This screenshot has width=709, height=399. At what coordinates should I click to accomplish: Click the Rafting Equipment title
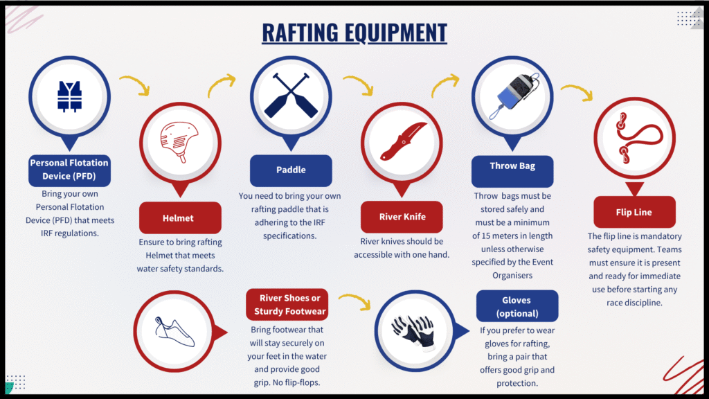354,33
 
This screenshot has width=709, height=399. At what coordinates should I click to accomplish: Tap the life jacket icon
70,96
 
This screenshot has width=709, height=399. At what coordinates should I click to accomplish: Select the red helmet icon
179,141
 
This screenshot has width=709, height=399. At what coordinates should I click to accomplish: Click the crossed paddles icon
291,96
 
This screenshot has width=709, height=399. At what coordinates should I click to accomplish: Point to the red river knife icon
403,141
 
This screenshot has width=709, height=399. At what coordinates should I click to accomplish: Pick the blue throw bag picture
515,96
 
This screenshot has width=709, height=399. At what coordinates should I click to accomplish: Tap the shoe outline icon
174,332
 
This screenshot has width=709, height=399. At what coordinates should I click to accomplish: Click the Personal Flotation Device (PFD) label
69,170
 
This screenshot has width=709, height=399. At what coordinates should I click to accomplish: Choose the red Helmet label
180,218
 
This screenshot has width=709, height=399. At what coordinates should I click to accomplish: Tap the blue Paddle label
291,170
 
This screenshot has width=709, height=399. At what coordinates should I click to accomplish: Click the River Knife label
402,217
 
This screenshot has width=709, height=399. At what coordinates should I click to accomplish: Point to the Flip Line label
634,212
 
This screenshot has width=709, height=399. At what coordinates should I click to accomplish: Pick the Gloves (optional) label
517,306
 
